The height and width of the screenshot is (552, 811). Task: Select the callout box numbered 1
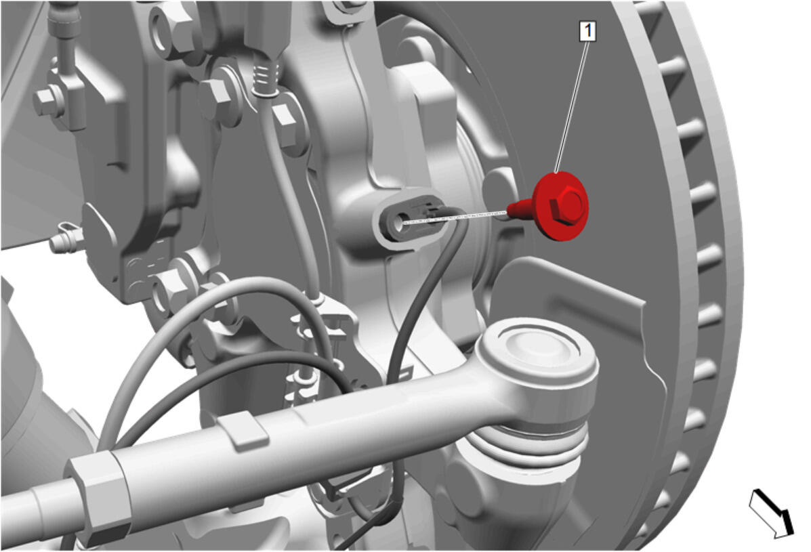587,31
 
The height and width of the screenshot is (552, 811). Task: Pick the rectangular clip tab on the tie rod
243,429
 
